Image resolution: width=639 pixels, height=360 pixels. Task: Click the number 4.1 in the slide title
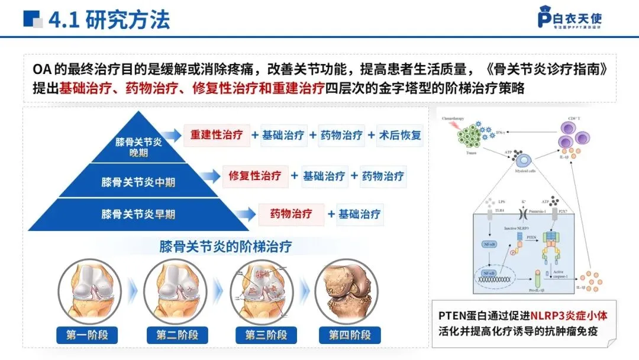[x=64, y=20]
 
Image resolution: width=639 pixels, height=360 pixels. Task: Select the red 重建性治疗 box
[x=217, y=135]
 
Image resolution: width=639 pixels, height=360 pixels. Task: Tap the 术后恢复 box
[x=401, y=135]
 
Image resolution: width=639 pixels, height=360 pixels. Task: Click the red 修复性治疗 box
[x=254, y=176]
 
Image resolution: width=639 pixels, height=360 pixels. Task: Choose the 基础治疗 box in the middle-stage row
[x=324, y=176]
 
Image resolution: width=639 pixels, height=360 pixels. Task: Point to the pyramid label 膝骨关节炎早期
[x=137, y=214]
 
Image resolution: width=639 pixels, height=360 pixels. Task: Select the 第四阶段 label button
[x=350, y=335]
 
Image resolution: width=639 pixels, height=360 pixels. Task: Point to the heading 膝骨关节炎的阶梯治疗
[x=225, y=246]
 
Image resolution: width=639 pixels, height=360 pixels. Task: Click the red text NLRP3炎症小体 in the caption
[x=569, y=316]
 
